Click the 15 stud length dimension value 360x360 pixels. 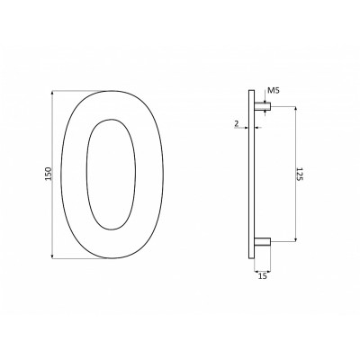point(262,278)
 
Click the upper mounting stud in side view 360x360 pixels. point(262,106)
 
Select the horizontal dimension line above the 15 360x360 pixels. point(262,270)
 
